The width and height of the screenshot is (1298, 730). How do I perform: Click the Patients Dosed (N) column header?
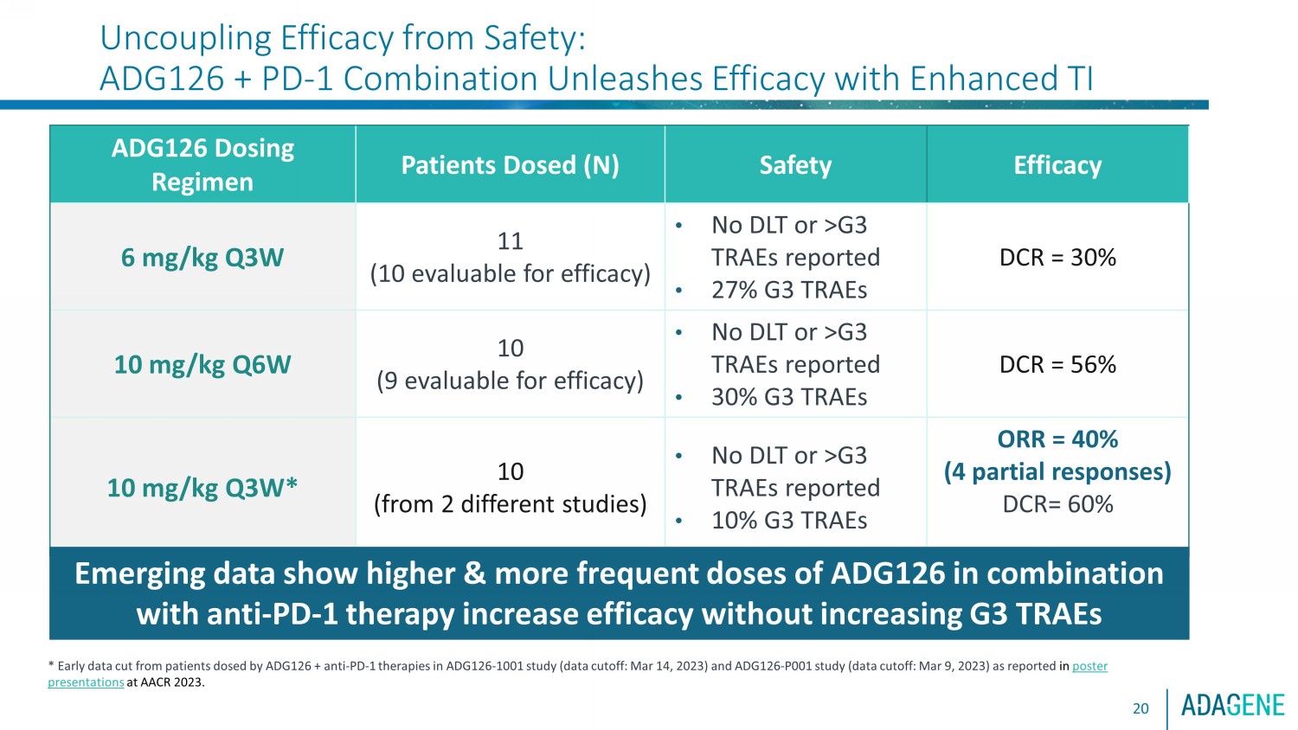(510, 165)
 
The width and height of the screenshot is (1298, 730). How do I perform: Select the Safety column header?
(795, 165)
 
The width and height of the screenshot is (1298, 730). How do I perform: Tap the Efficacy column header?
(1057, 165)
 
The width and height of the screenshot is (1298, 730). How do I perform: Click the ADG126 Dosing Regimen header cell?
(202, 165)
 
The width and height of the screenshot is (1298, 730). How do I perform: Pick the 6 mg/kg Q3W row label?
(202, 257)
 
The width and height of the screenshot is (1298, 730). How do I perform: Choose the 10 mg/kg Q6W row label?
(202, 364)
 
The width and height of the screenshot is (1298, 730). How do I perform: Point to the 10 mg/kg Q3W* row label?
(202, 488)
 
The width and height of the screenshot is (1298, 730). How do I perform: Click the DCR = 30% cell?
(1057, 257)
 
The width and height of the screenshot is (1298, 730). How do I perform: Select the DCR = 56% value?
(1057, 364)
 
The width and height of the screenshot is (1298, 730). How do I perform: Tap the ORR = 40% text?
(1057, 439)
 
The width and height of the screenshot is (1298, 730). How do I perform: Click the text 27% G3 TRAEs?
(789, 290)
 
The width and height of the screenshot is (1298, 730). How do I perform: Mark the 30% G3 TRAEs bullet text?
(789, 397)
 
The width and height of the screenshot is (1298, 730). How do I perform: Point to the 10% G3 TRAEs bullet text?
(789, 521)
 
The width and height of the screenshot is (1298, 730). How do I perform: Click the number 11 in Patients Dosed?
(510, 241)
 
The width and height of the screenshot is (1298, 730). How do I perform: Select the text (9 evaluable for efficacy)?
(510, 381)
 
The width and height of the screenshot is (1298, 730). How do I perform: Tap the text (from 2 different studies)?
(510, 504)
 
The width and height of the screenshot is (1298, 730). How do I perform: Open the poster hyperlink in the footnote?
(1089, 666)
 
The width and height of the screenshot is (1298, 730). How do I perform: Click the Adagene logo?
(1233, 706)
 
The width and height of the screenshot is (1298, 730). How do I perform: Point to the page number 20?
(1141, 708)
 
